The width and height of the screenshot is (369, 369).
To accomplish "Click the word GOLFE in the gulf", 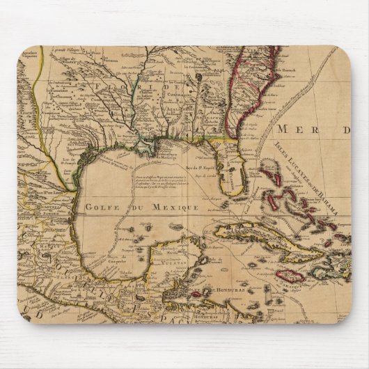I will click(x=102, y=207).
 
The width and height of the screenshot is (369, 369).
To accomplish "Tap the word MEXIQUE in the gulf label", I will click(x=175, y=207).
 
